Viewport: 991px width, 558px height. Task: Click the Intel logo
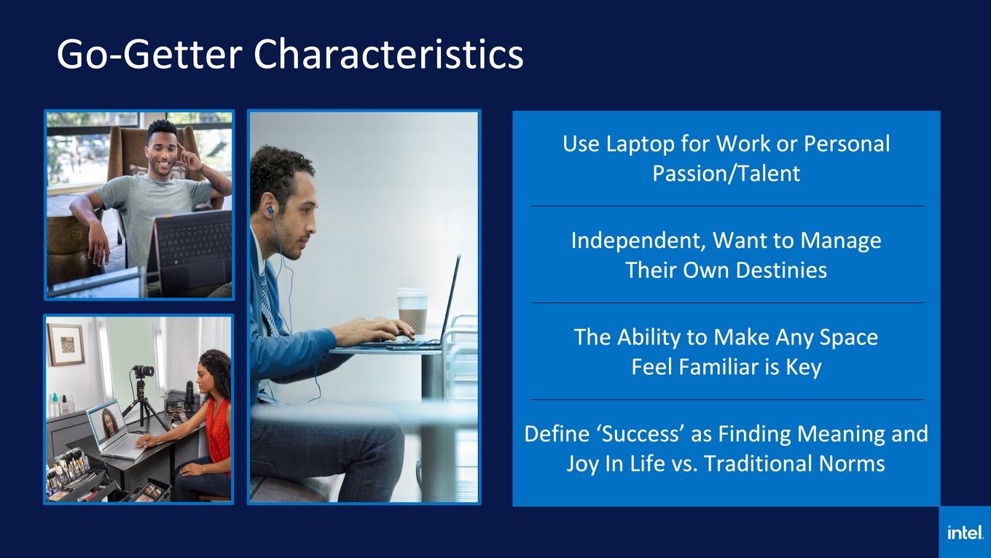click(x=965, y=532)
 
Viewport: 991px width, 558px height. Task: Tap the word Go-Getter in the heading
click(x=149, y=54)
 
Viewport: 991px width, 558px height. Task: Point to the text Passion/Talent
click(x=726, y=173)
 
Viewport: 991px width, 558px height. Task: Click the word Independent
click(x=638, y=241)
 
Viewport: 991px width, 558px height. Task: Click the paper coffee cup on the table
click(x=412, y=311)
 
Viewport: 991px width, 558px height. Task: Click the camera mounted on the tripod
click(x=144, y=371)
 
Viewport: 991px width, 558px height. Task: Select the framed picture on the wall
click(x=66, y=344)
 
